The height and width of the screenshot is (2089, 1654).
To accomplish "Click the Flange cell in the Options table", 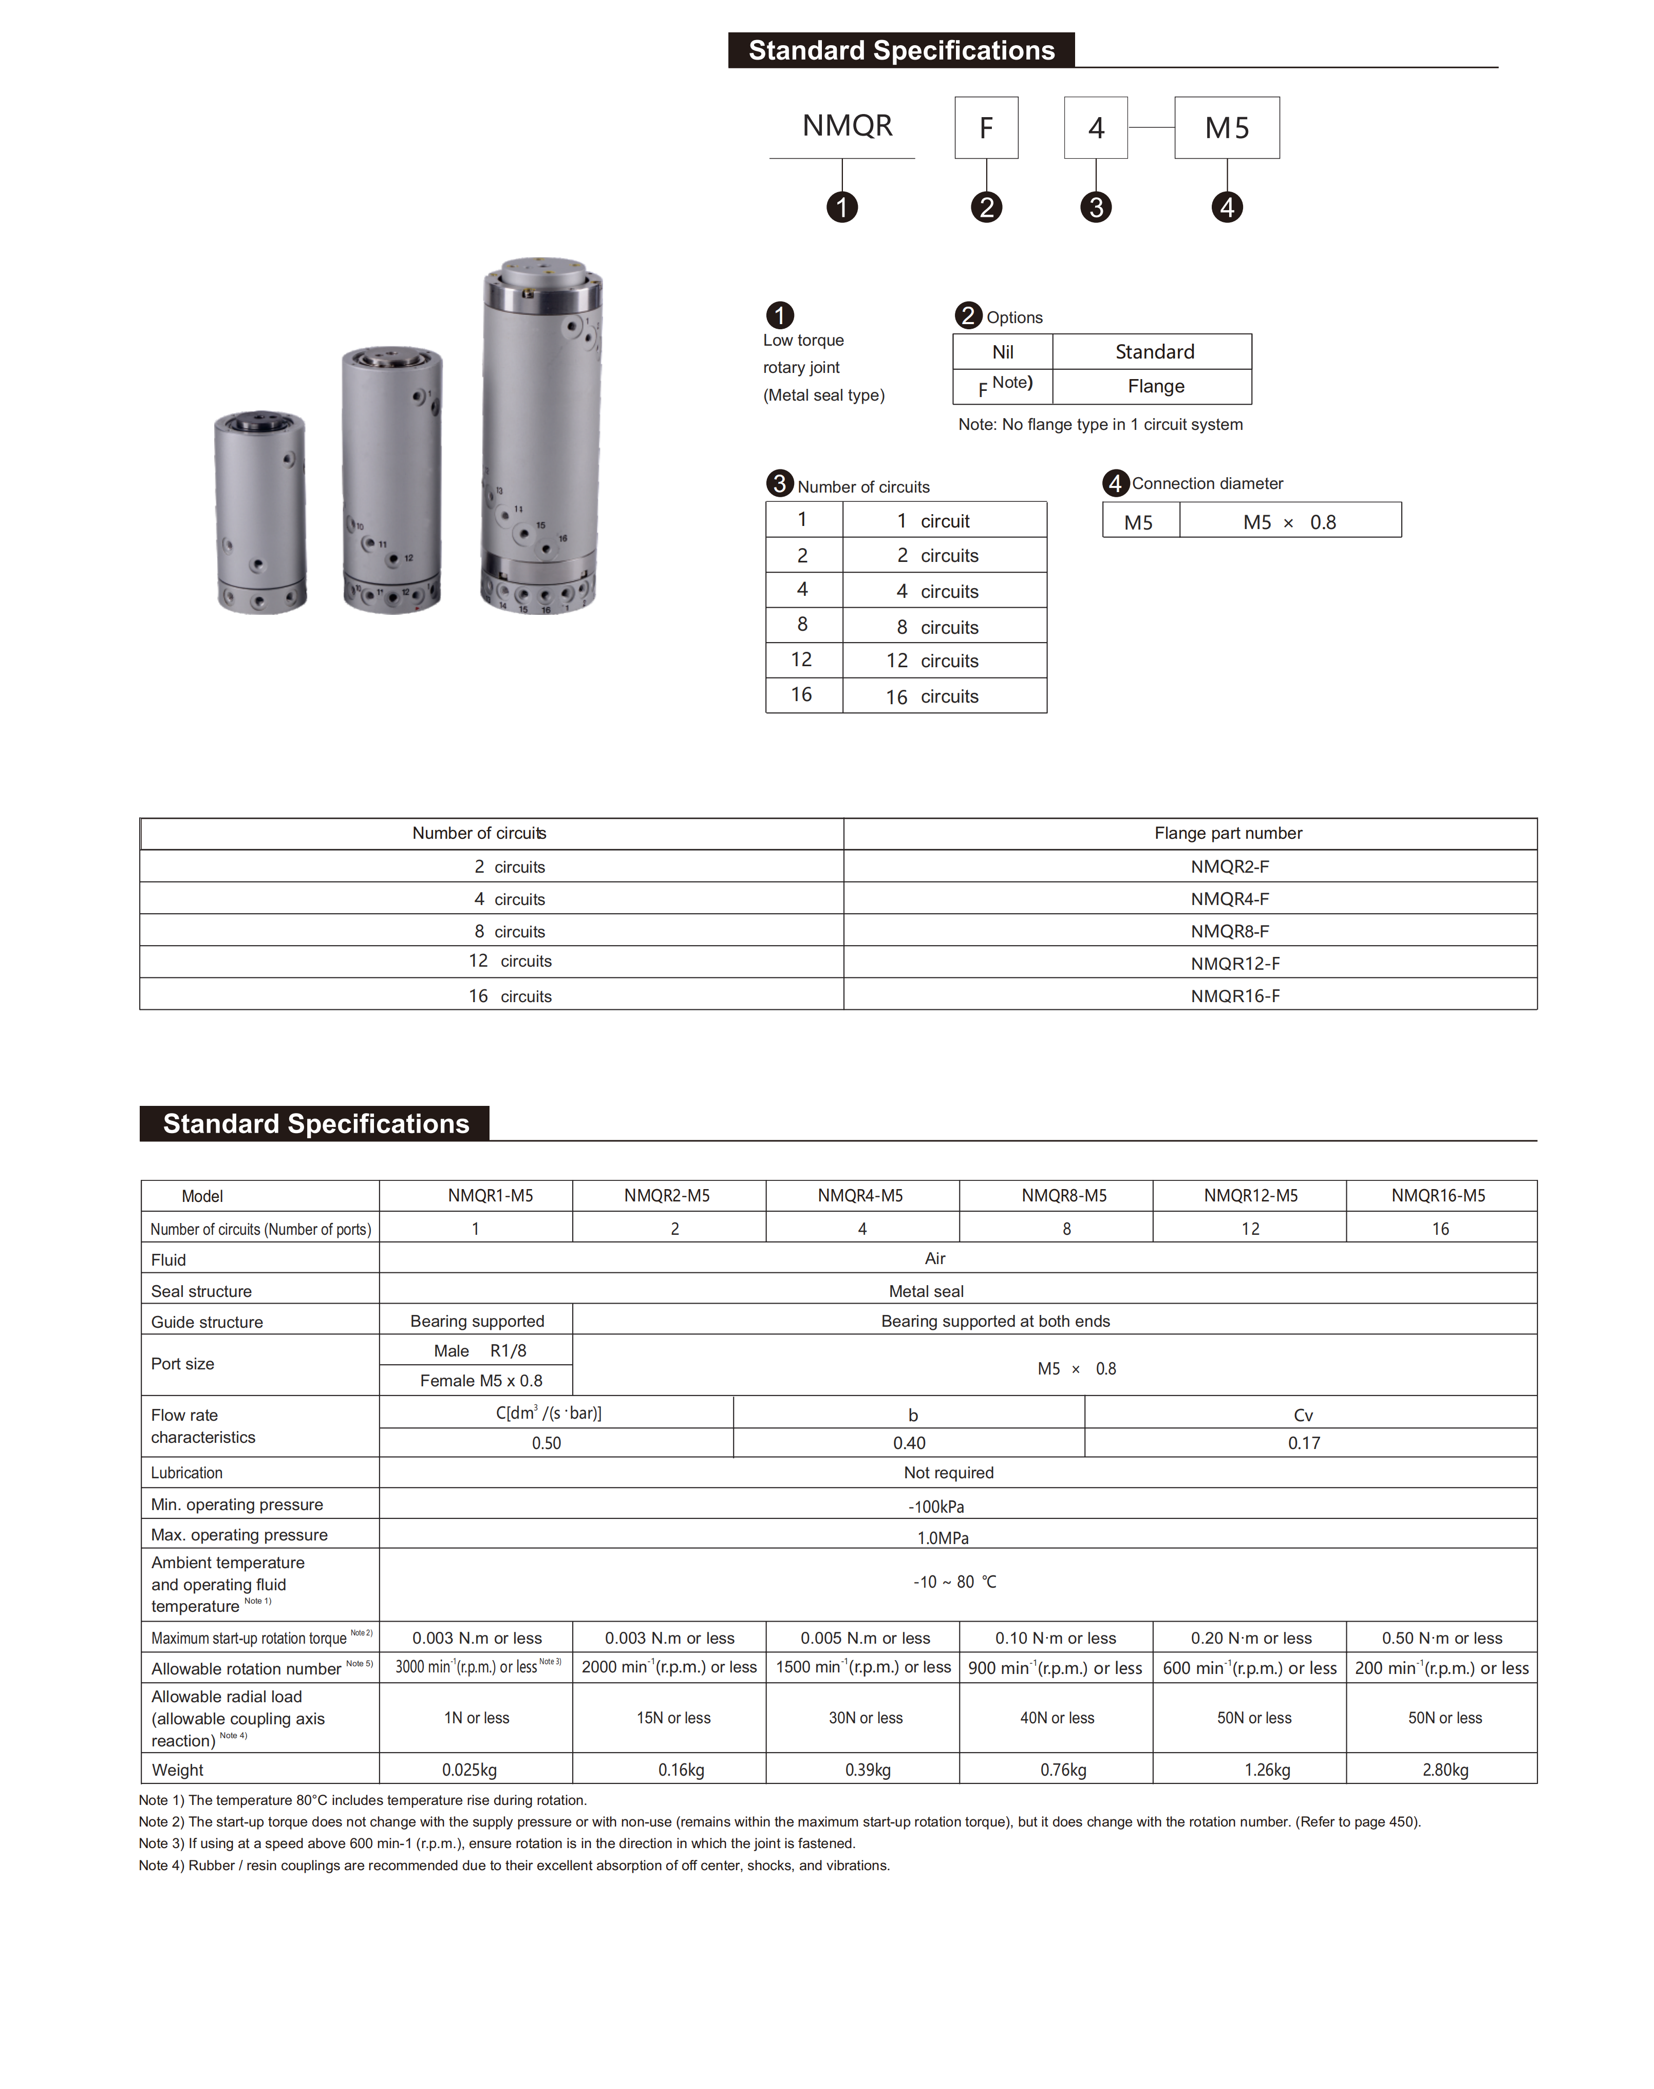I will click(1155, 386).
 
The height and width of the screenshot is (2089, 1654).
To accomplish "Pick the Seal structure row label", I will click(201, 1291).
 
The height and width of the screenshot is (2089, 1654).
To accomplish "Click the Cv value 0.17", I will click(1304, 1443).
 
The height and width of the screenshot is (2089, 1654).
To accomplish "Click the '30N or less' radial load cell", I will click(865, 1718).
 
